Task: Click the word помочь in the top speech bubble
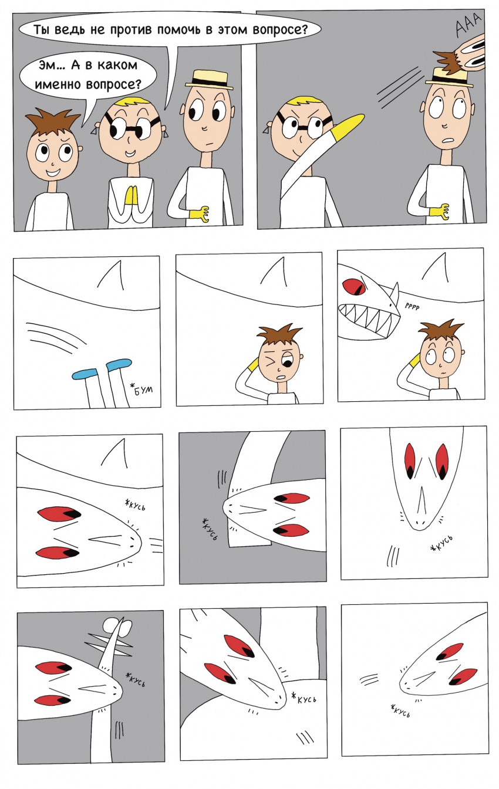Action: [180, 30]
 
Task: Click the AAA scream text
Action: [468, 24]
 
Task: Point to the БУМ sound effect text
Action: [143, 390]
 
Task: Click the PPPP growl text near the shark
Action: [412, 307]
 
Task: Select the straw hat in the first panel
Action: [210, 79]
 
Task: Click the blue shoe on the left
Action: [84, 373]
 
